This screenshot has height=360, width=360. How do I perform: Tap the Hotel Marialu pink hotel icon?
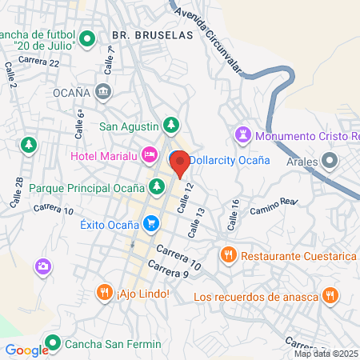coord(148,154)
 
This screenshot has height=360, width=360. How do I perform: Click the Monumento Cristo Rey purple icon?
coord(244,133)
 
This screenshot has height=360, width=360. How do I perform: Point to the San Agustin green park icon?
coord(170,125)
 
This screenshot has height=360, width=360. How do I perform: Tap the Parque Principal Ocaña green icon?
coord(158,188)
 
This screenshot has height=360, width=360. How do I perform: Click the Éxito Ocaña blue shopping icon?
coord(150,223)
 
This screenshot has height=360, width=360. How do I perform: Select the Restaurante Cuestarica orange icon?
coord(228,256)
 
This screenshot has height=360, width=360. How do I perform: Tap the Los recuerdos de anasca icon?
coord(329,298)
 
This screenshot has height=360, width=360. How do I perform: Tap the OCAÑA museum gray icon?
coord(103,93)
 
